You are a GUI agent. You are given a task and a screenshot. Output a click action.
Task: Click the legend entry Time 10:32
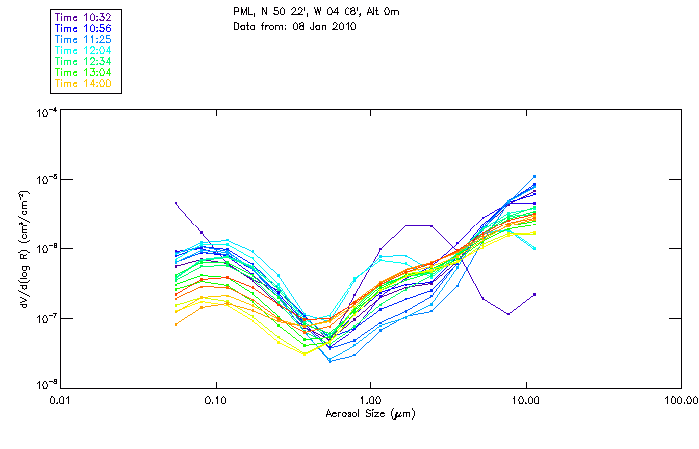(x=84, y=17)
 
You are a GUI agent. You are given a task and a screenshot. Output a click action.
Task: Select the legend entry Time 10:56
(x=84, y=28)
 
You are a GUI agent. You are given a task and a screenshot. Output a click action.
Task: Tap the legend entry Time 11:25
(x=84, y=39)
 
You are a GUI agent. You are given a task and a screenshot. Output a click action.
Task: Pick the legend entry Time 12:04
(x=84, y=50)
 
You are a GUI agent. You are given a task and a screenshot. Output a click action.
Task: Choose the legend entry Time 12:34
(x=84, y=61)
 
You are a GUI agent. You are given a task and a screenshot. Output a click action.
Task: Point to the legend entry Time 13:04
(x=84, y=72)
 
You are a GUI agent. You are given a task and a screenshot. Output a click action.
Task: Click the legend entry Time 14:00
(x=84, y=83)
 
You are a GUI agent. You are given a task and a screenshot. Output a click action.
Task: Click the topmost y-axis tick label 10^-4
(x=44, y=112)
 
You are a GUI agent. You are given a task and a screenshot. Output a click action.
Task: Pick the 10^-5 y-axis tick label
(x=44, y=181)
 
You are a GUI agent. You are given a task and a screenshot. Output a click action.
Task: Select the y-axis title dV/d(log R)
(x=21, y=248)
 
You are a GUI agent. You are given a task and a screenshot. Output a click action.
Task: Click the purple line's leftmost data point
(x=176, y=203)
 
